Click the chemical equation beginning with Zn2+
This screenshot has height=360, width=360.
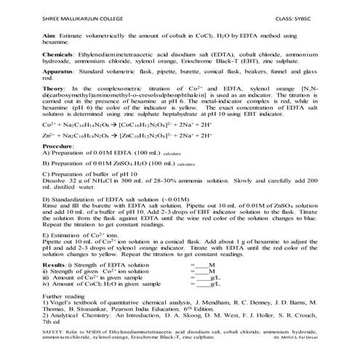pyautogui.click(x=116, y=156)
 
